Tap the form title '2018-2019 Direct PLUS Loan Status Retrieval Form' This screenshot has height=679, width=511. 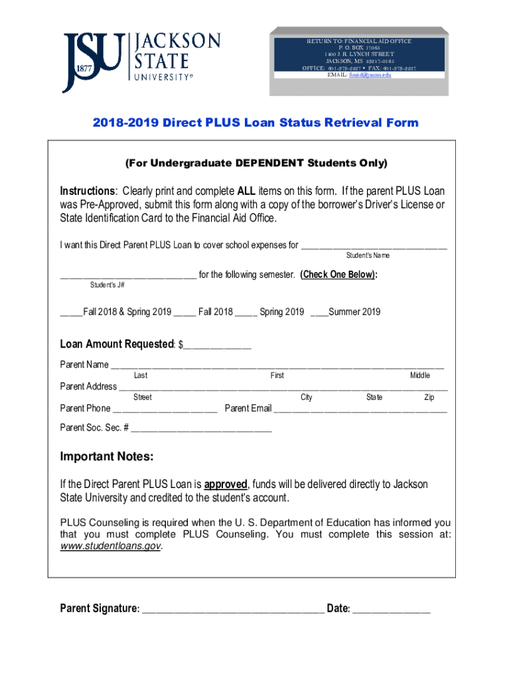point(256,123)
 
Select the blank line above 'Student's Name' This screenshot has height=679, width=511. point(374,247)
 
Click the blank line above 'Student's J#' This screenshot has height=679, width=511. point(127,277)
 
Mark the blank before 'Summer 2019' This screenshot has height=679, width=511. point(319,313)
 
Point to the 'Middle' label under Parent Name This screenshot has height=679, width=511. point(419,375)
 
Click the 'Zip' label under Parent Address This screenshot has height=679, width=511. point(429,397)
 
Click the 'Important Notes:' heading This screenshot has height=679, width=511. point(107,457)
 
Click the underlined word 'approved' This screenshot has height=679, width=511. point(226,484)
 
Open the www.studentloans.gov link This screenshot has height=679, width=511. point(110,546)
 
